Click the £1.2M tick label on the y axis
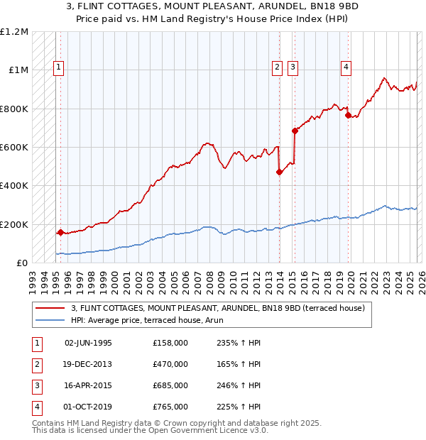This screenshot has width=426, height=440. (x=14, y=32)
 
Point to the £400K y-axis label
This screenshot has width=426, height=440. (x=14, y=186)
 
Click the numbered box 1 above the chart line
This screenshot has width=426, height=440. (x=58, y=68)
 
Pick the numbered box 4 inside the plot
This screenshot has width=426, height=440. (x=346, y=68)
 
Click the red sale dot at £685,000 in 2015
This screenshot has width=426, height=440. (x=295, y=131)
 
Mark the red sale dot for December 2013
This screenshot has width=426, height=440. (x=279, y=172)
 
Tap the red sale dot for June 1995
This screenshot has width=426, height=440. (x=60, y=232)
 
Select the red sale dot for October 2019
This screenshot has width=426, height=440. (x=348, y=116)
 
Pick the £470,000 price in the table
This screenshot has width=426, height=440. (x=170, y=364)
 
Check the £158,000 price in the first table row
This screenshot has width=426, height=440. (x=170, y=343)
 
